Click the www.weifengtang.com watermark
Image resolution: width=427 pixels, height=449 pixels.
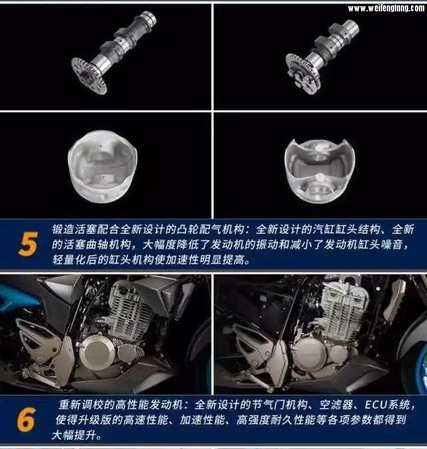tap(386, 8)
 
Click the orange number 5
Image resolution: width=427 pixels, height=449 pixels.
tap(28, 244)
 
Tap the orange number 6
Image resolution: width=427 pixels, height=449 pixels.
tap(26, 420)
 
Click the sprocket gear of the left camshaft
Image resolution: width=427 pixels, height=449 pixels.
tap(88, 76)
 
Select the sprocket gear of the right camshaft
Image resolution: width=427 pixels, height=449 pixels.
tap(303, 73)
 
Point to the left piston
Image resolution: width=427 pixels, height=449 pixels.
tap(103, 166)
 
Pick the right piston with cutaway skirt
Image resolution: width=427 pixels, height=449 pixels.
tap(320, 171)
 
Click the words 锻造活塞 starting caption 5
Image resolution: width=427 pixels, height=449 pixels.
tap(74, 230)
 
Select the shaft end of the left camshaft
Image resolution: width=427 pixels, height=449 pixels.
tap(148, 17)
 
